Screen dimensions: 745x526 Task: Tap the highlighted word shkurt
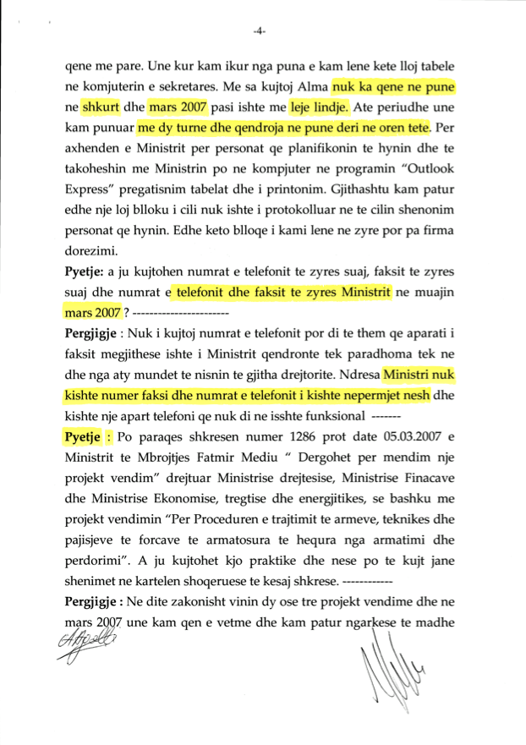101,108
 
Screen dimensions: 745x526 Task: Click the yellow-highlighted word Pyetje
81,438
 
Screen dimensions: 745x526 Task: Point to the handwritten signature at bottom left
85,650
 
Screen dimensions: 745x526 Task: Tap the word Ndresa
354,373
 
